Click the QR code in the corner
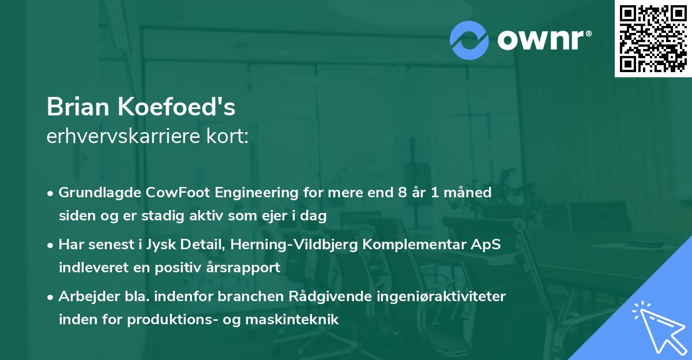pyautogui.click(x=653, y=38)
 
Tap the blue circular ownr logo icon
pyautogui.click(x=469, y=39)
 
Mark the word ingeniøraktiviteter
pyautogui.click(x=439, y=297)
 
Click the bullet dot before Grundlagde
pyautogui.click(x=51, y=193)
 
